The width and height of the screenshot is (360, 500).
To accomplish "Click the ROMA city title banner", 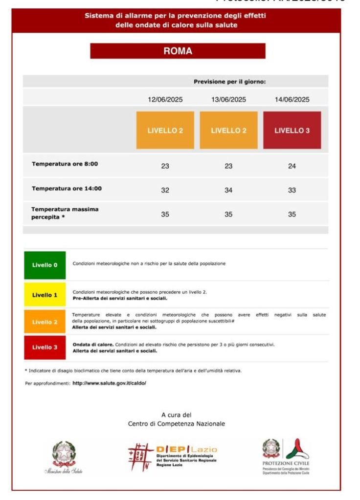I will (178, 51).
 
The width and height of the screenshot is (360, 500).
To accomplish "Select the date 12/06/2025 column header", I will (165, 100).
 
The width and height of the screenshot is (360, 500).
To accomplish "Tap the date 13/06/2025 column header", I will (228, 100).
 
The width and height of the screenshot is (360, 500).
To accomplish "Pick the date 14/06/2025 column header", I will (292, 100).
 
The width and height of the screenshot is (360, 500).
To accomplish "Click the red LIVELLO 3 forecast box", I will (292, 130).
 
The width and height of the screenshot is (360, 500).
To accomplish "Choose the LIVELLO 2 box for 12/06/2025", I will (165, 130).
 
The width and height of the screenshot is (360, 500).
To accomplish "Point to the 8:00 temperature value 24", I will (292, 166).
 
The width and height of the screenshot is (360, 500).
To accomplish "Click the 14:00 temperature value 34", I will (228, 190).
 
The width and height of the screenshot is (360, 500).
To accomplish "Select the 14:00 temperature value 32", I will (165, 190).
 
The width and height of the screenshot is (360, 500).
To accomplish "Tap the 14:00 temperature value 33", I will (292, 190).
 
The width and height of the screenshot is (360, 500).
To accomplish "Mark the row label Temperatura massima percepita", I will (65, 213).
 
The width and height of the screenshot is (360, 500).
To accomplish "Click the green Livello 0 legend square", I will (45, 265).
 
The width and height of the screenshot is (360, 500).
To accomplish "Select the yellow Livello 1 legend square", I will (45, 295).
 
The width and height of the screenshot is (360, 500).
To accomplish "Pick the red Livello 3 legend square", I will (45, 348).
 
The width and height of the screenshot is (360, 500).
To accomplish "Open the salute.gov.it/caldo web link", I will (109, 383).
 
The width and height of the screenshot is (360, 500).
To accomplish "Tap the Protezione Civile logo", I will (286, 456).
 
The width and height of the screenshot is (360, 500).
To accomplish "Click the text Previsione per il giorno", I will (229, 82).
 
